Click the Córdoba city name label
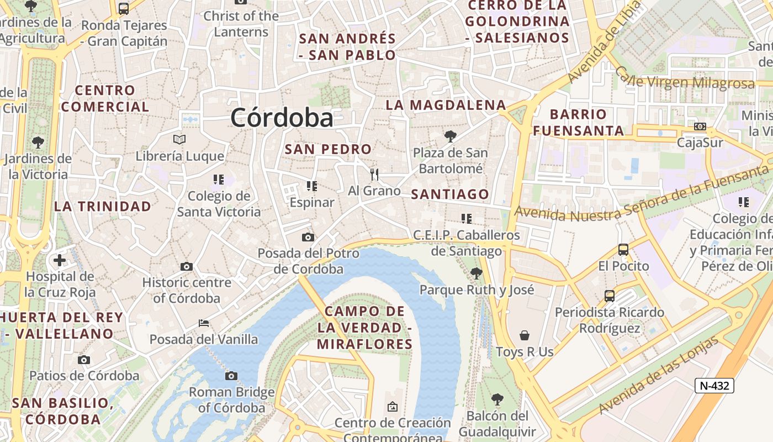282,118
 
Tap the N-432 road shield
714,386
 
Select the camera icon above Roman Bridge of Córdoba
231,376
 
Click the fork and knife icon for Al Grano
375,175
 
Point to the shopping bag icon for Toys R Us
525,335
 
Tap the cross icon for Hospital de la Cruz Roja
60,260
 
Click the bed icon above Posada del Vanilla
204,323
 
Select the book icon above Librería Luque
179,139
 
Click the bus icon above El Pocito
623,250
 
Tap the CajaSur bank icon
700,127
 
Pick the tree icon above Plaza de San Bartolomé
451,136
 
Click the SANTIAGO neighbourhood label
450,194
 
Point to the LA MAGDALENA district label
446,105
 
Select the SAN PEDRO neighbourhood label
328,149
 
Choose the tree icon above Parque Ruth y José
476,273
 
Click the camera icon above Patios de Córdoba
84,360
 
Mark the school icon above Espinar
311,186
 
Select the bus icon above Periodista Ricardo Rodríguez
610,296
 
